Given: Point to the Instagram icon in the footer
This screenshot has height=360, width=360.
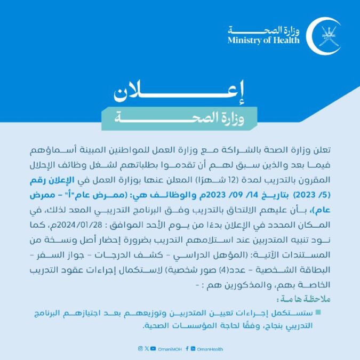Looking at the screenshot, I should [x=140, y=348].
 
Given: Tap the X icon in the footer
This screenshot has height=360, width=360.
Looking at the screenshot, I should [x=147, y=348].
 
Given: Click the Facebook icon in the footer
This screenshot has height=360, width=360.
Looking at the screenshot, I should [x=188, y=348].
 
